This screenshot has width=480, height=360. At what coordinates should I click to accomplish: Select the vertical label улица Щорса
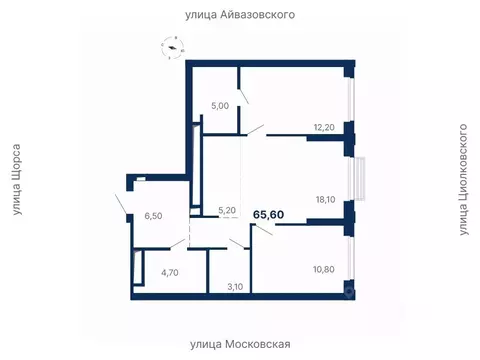[x=15, y=180]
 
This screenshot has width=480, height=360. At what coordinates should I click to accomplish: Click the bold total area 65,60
[x=267, y=214]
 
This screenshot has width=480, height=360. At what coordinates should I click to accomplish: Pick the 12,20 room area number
[x=324, y=127]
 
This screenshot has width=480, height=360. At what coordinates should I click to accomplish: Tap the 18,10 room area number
[x=324, y=199]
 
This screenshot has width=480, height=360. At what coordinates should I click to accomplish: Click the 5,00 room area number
[x=219, y=104]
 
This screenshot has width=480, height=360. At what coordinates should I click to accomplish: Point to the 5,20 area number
[x=227, y=211]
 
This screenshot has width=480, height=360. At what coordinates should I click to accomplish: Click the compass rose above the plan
[x=176, y=46]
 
